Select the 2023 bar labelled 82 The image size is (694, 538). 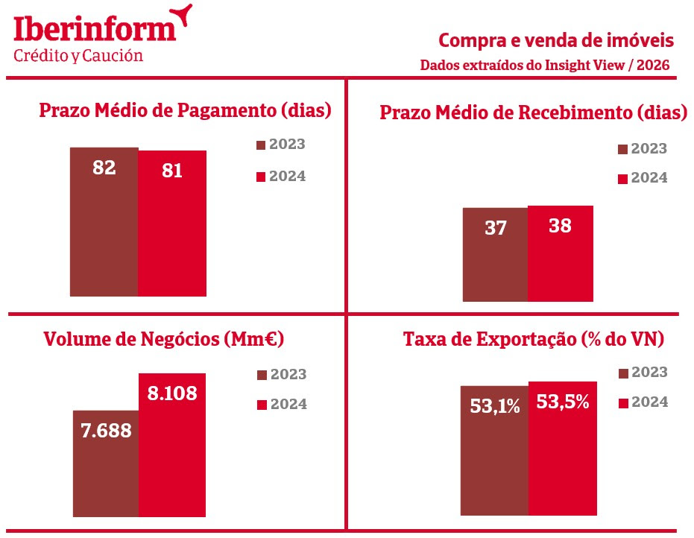coord(104,221)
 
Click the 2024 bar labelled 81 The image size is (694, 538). coord(172,223)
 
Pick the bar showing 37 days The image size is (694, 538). coord(495,254)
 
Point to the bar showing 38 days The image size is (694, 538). coord(560,253)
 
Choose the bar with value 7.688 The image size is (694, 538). coord(106,463)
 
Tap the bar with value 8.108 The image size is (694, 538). coord(172,445)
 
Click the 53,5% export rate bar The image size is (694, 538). coord(563,448)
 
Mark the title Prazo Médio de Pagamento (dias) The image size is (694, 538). coord(185,111)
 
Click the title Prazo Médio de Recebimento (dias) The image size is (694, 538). coord(533,113)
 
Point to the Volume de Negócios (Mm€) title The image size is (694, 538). coord(165,340)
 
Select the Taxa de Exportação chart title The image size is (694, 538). coord(533,340)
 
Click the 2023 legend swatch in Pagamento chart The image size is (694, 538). coord(261,145)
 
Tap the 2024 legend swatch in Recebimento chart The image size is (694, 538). coord(623,179)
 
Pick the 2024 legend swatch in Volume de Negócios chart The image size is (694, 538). coord(261,405)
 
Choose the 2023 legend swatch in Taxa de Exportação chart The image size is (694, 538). coord(623,373)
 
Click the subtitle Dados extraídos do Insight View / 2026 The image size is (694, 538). coord(544,65)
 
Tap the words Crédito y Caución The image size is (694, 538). coord(78,56)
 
